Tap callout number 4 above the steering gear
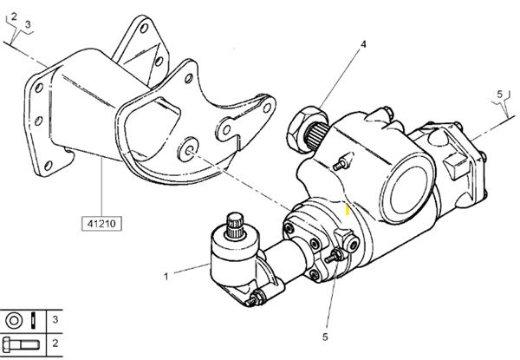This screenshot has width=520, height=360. tap(363, 43)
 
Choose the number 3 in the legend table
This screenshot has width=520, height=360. tap(55, 319)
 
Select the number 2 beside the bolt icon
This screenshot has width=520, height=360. tap(55, 343)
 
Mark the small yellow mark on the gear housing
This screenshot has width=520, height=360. tap(346, 209)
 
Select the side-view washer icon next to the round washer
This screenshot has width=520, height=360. tap(34, 319)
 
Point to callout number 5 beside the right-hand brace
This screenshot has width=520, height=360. tap(500, 93)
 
